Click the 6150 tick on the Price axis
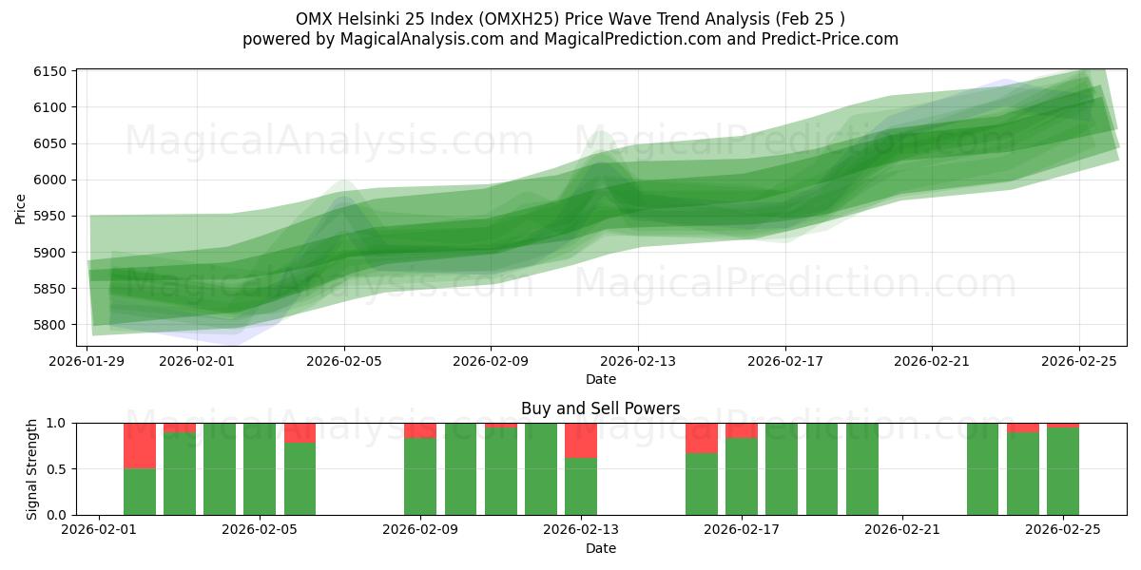click(x=53, y=71)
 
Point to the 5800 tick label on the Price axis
click(x=53, y=325)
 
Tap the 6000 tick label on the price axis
click(x=53, y=180)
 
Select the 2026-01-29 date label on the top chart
click(x=87, y=361)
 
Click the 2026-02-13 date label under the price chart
click(x=638, y=361)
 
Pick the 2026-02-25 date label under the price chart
click(x=1079, y=361)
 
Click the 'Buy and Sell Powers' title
click(x=600, y=409)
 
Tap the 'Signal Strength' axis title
click(x=32, y=468)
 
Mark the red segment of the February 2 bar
click(x=140, y=446)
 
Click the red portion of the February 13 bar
click(x=581, y=441)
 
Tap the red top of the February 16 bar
click(x=702, y=438)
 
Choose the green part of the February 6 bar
click(x=300, y=479)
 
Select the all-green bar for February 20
click(x=862, y=469)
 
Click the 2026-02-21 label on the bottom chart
click(x=901, y=530)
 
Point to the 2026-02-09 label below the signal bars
click(x=420, y=530)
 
